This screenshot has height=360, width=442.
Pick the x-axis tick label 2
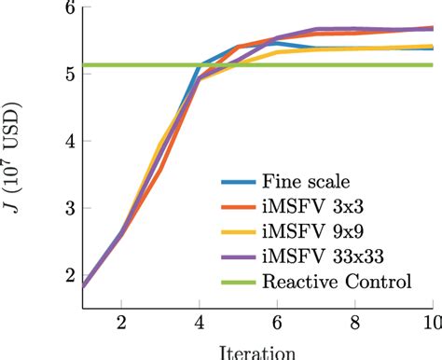pyautogui.click(x=119, y=322)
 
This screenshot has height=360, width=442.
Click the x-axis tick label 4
pyautogui.click(x=198, y=322)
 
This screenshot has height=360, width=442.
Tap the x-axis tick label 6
pyautogui.click(x=276, y=322)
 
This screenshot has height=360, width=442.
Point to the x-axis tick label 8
pyautogui.click(x=354, y=322)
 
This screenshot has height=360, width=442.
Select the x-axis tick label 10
pyautogui.click(x=431, y=322)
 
